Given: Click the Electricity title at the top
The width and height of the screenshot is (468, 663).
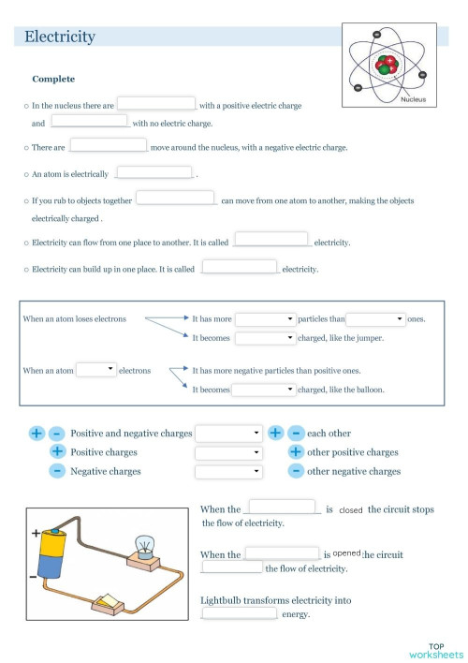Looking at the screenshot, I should [x=60, y=37].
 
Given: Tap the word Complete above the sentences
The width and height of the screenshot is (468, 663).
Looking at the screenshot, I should [x=53, y=80].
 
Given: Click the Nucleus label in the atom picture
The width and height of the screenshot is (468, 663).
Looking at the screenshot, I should [x=413, y=99].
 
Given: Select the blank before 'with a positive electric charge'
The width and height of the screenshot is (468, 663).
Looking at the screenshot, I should [x=156, y=104].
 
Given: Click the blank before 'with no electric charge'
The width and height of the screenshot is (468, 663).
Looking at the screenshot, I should [x=90, y=121].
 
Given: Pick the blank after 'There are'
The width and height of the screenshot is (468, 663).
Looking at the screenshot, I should [x=109, y=145].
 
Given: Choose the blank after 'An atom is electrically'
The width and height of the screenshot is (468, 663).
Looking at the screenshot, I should [x=154, y=172].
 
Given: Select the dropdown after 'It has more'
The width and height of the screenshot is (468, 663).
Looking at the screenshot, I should [x=265, y=319].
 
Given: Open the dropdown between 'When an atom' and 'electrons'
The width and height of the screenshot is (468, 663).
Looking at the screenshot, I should [x=96, y=370].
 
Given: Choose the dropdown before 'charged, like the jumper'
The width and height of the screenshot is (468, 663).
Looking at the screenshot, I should [x=265, y=339].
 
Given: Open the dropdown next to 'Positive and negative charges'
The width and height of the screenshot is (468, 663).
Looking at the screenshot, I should [x=228, y=434].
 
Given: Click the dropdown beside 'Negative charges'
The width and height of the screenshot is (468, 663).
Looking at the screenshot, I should [x=228, y=471].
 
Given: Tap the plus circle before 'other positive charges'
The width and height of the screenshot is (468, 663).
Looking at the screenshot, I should [x=296, y=452].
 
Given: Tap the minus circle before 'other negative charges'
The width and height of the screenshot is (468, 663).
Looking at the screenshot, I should [x=296, y=471].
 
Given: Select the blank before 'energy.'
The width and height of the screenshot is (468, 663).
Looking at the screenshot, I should [x=240, y=613].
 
